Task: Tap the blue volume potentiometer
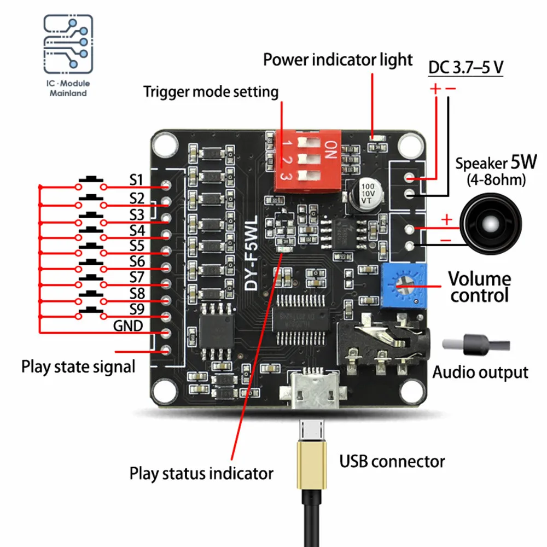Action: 405,284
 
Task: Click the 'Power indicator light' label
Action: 337,59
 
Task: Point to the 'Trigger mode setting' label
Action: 211,91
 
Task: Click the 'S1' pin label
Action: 136,179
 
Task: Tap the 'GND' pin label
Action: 128,327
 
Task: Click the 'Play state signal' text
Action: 78,366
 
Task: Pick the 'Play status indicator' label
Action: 201,473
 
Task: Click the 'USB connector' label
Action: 392,461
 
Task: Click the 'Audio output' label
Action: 480,373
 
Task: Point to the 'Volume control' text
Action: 479,287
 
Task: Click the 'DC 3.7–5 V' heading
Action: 465,68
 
